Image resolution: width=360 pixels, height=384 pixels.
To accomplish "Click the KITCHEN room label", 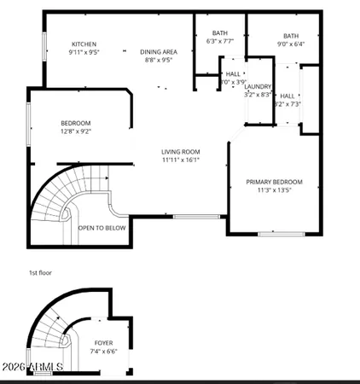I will click(84, 44).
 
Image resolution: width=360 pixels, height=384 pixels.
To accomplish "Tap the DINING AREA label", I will click(158, 51).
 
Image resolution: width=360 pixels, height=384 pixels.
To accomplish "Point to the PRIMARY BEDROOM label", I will click(274, 182).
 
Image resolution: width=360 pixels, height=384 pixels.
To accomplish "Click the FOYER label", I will click(103, 342).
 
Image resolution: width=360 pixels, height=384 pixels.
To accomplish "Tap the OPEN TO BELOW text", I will click(102, 228).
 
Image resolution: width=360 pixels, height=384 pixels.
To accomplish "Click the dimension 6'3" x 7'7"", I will click(219, 41).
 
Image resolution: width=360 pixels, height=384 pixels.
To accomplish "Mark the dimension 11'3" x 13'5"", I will click(274, 191).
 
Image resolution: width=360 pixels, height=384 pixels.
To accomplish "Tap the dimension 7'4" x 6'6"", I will click(103, 352).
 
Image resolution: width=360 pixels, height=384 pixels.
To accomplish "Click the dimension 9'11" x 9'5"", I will click(84, 52).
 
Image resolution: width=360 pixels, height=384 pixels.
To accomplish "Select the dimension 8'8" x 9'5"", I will click(158, 61).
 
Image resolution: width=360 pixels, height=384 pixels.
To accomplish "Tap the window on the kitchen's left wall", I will click(44, 48).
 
